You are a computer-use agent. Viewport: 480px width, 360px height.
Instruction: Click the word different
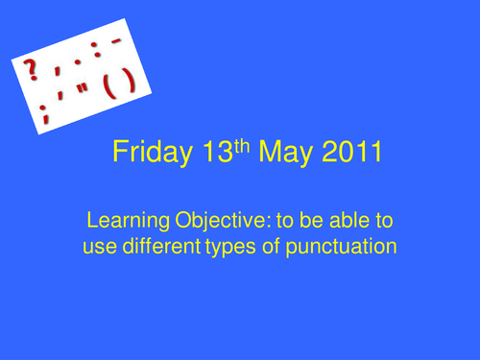click(x=160, y=246)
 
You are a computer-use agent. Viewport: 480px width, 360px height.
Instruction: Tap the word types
click(x=229, y=248)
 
